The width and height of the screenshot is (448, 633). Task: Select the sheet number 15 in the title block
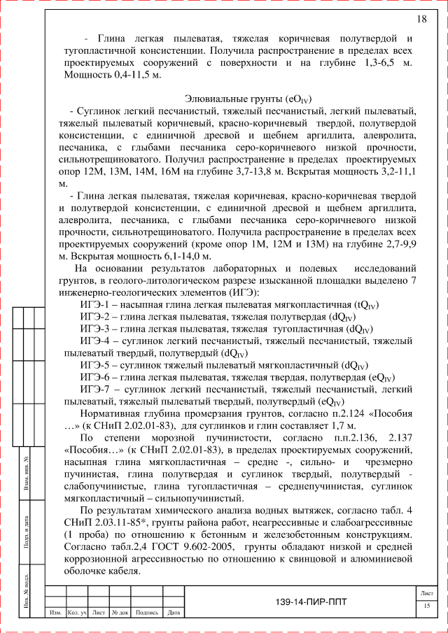click(x=426, y=605)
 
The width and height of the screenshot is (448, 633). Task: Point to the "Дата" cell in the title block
click(x=174, y=613)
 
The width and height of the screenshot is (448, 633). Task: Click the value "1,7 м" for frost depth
click(x=342, y=426)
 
